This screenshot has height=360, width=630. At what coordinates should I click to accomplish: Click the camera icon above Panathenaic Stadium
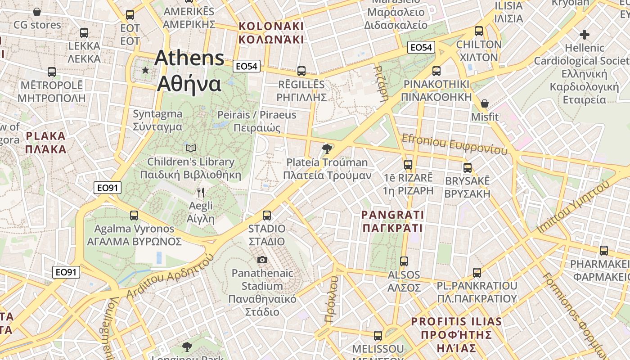[x=262, y=260]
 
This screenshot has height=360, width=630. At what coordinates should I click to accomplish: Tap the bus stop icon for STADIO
[x=267, y=216]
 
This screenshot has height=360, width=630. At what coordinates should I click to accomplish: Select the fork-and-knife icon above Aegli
[x=201, y=193]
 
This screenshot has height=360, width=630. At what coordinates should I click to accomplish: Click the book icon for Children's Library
[x=191, y=148]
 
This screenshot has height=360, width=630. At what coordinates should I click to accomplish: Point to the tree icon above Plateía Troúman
[x=327, y=148]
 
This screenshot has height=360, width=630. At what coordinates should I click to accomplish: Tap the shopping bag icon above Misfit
[x=484, y=103]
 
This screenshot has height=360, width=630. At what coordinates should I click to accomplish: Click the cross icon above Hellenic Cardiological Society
[x=584, y=34]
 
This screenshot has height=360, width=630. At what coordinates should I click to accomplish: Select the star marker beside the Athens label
[x=145, y=70]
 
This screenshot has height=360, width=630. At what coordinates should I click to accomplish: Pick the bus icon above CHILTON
[x=479, y=31]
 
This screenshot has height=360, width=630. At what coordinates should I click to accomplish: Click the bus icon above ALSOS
[x=404, y=261]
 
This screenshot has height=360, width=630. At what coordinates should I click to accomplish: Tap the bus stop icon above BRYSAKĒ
[x=468, y=168]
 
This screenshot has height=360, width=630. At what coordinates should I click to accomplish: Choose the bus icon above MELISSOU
[x=378, y=336]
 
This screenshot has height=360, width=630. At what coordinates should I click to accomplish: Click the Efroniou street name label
[x=454, y=144]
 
